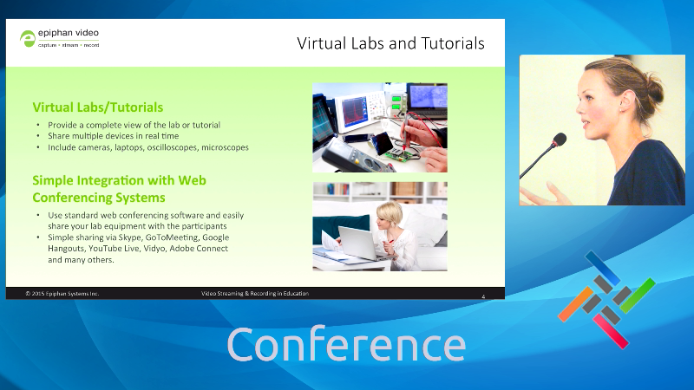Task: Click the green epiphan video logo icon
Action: [x=28, y=38]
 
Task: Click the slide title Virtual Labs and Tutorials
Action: [x=390, y=43]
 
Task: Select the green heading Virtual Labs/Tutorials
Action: [x=98, y=107]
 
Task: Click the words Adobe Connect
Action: [x=199, y=249]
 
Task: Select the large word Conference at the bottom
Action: [x=346, y=344]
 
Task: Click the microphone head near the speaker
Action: [x=559, y=140]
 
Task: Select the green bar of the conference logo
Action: [x=638, y=296]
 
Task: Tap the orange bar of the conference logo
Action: [x=575, y=304]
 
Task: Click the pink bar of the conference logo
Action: [x=611, y=331]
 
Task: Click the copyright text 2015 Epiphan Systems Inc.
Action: [x=62, y=294]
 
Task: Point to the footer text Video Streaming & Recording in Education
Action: [x=255, y=293]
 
